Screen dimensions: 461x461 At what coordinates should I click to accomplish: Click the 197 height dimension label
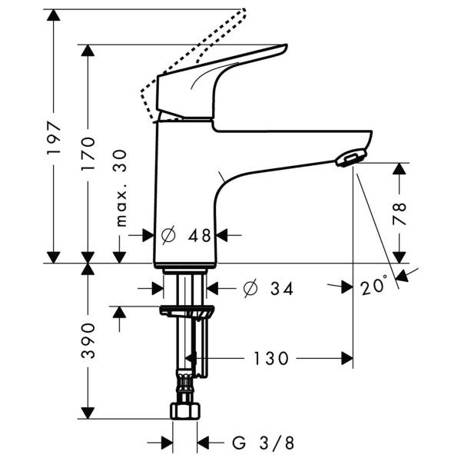click(53, 138)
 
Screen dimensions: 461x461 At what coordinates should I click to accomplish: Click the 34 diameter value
click(280, 289)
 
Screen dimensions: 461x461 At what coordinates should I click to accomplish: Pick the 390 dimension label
click(88, 340)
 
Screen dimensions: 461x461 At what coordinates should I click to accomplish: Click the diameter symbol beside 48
click(171, 236)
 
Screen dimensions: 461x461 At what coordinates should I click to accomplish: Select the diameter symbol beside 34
click(250, 289)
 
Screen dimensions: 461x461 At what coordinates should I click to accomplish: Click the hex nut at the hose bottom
click(184, 412)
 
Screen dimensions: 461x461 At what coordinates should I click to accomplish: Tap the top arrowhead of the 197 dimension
click(53, 15)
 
